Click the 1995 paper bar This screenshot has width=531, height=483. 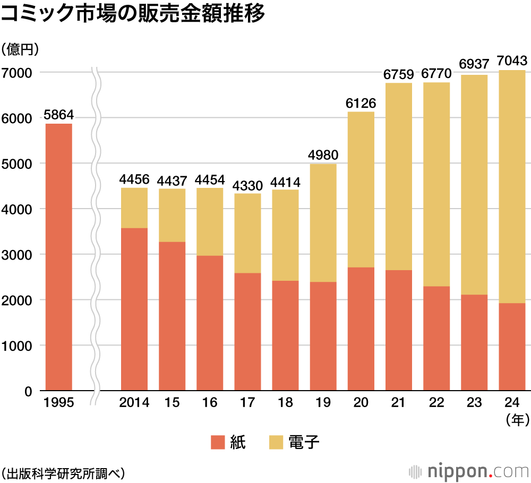coord(59,257)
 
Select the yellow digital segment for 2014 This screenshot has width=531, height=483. coord(134,208)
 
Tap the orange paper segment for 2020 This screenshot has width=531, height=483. coord(361,329)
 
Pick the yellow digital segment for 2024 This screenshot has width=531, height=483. coord(512,186)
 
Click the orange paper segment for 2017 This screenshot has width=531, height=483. coord(248,332)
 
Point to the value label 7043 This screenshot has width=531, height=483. coord(512,61)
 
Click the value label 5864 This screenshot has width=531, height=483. coord(58,115)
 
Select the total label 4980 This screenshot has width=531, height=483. coord(323,155)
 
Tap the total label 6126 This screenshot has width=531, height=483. coord(361,103)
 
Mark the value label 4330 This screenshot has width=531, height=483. coord(248,185)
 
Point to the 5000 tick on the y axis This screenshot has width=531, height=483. coord(18,163)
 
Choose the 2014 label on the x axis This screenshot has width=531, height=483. coord(134,403)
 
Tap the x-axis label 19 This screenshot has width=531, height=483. coord(323,403)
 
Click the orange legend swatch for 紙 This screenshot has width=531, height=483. coord(218,442)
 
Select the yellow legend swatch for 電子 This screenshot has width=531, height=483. coord(277,442)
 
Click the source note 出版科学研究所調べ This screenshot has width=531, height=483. coord(62,472)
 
